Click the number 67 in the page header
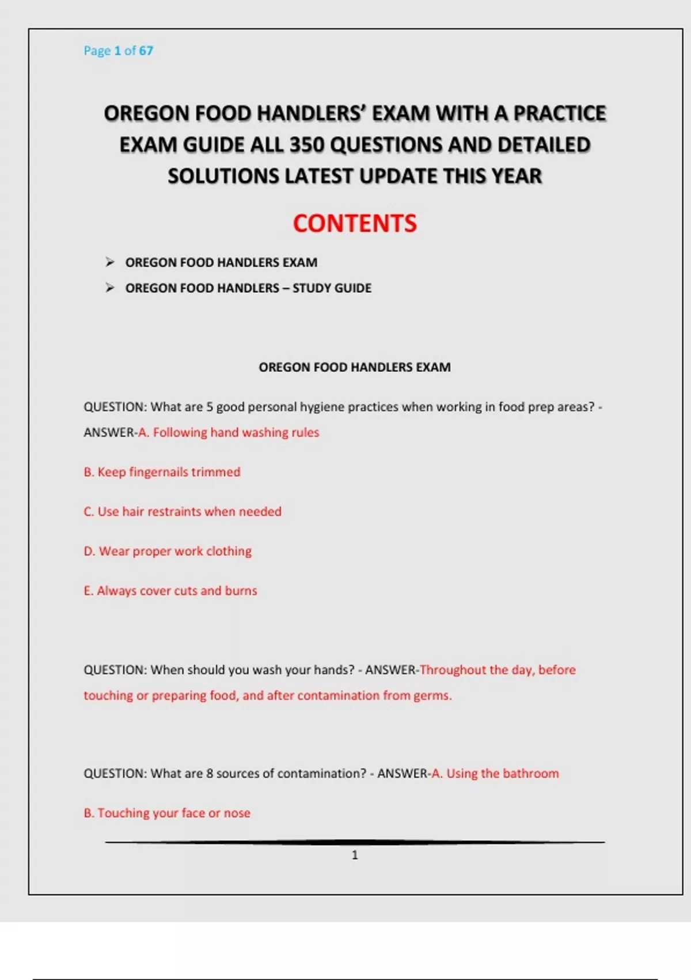(146, 51)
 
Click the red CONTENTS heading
(355, 224)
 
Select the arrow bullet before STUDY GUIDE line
(110, 288)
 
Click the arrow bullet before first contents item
(110, 262)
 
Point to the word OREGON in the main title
(147, 114)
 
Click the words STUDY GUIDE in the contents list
(332, 288)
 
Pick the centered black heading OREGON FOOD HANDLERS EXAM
(355, 367)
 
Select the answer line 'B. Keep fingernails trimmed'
(162, 472)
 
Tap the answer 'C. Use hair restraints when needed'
(183, 512)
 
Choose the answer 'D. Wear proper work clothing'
(168, 551)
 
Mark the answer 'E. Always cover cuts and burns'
(170, 591)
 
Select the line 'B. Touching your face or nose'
(167, 813)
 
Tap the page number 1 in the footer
(355, 855)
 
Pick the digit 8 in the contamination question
(210, 774)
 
